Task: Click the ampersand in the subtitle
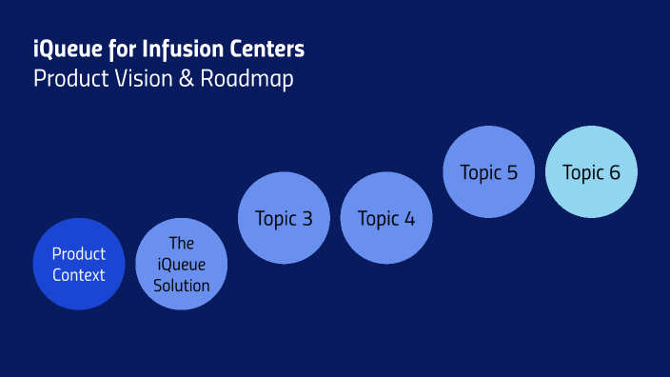click(x=186, y=79)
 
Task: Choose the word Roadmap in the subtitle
click(x=246, y=79)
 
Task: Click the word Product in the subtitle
click(x=68, y=79)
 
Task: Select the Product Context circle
click(x=79, y=264)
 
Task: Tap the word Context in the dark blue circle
click(x=79, y=275)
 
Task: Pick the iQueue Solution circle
click(x=181, y=264)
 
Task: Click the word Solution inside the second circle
click(x=181, y=286)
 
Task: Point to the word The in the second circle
click(x=181, y=244)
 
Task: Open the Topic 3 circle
click(x=284, y=218)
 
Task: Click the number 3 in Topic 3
click(x=306, y=219)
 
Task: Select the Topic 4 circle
click(x=386, y=218)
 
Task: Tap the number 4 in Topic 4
click(x=409, y=219)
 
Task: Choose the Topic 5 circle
click(x=488, y=172)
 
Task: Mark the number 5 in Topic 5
click(x=512, y=173)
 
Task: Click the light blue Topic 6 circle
click(x=591, y=172)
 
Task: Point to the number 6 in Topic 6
click(x=615, y=173)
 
